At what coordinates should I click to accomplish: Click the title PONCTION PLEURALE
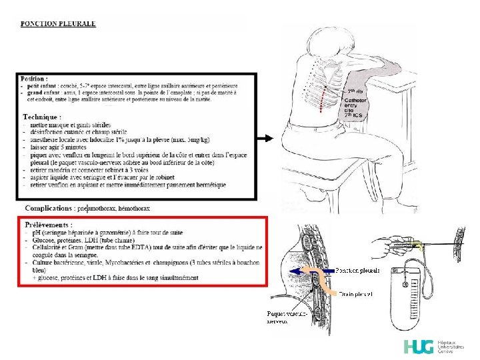(x=58, y=24)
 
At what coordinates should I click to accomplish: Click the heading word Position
(x=33, y=79)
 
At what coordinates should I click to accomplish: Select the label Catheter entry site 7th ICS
(x=354, y=104)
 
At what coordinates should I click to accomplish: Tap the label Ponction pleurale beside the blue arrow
(x=357, y=271)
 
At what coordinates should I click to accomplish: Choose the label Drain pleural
(x=355, y=293)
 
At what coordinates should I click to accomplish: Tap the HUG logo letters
(x=419, y=347)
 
